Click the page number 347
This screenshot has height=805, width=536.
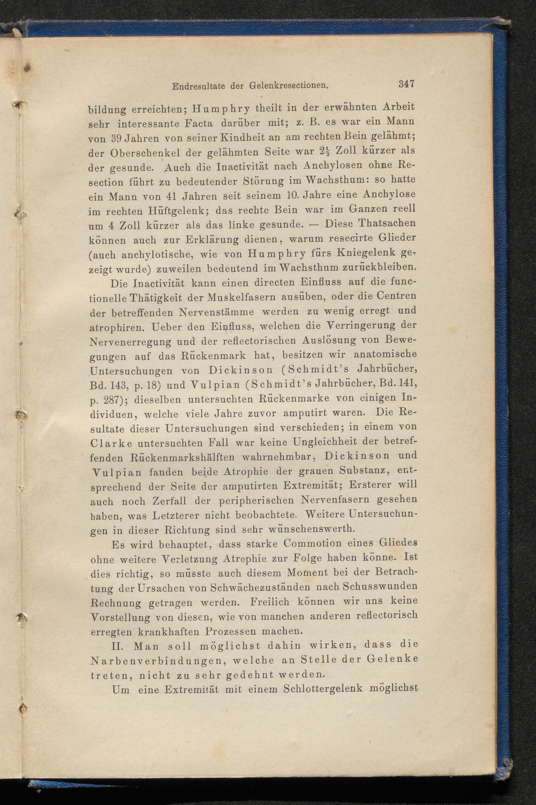pyautogui.click(x=406, y=84)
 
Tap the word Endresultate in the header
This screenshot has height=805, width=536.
pyautogui.click(x=198, y=86)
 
